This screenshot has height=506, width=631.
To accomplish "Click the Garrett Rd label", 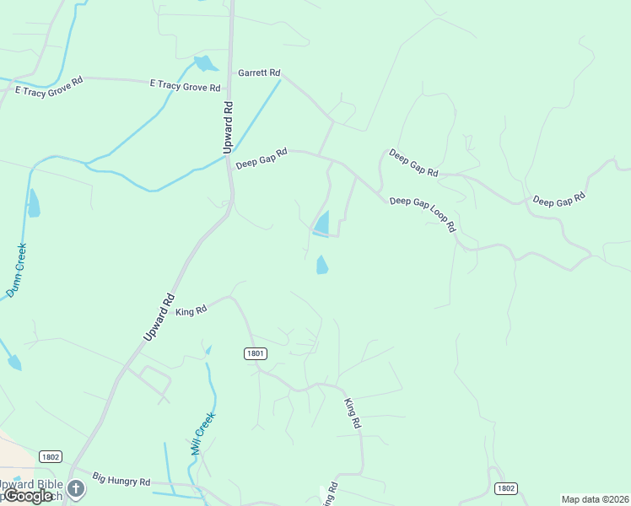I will [259, 73].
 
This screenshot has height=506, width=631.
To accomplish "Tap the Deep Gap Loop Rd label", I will [423, 214].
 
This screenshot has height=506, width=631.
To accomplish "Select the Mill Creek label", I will [203, 433].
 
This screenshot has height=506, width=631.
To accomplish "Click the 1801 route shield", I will [256, 353].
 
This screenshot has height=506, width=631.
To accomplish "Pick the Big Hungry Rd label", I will [121, 480].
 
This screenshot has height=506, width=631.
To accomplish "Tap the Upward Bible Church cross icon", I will [77, 488].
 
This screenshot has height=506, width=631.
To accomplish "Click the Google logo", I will [28, 496].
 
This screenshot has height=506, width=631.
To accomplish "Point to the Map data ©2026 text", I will [596, 499].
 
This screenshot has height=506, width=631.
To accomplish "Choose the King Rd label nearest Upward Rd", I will [191, 310].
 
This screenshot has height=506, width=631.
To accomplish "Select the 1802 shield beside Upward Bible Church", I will [51, 456].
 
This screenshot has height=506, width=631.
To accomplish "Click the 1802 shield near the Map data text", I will [505, 488].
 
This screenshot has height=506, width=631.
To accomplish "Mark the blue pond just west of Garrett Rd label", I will [204, 63].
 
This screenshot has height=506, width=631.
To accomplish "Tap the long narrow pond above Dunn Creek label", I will [33, 203].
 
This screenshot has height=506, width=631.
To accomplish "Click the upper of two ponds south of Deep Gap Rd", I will [321, 223].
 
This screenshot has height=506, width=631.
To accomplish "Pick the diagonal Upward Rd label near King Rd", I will [159, 316].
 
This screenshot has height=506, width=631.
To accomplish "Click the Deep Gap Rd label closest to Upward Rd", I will [262, 158].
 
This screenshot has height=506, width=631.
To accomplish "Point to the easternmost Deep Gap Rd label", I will [558, 200].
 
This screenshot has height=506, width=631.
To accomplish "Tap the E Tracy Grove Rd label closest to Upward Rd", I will [185, 85].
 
